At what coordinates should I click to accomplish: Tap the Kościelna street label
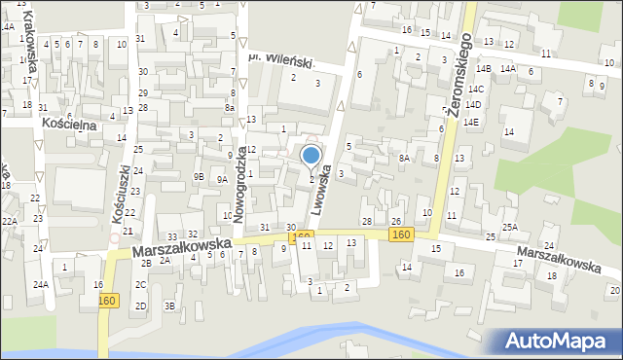pyautogui.click(x=66, y=125)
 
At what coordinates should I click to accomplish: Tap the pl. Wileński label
pyautogui.click(x=282, y=61)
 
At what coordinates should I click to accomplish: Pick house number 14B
pyautogui.click(x=483, y=69)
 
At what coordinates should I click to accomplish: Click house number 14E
pyautogui.click(x=471, y=122)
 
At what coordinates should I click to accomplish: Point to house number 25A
pyautogui.click(x=509, y=227)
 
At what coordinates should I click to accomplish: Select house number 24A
pyautogui.click(x=40, y=285)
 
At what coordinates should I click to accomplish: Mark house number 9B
pyautogui.click(x=199, y=177)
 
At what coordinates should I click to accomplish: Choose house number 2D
pyautogui.click(x=141, y=306)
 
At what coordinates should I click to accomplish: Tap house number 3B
pyautogui.click(x=169, y=306)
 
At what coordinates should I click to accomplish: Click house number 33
pyautogui.click(x=172, y=236)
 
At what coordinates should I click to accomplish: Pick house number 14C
pyautogui.click(x=475, y=89)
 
